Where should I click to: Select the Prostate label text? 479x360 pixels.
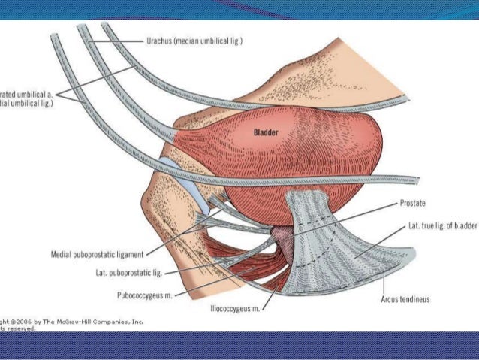coord(413,204)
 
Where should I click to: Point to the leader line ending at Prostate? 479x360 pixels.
coord(353,214)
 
